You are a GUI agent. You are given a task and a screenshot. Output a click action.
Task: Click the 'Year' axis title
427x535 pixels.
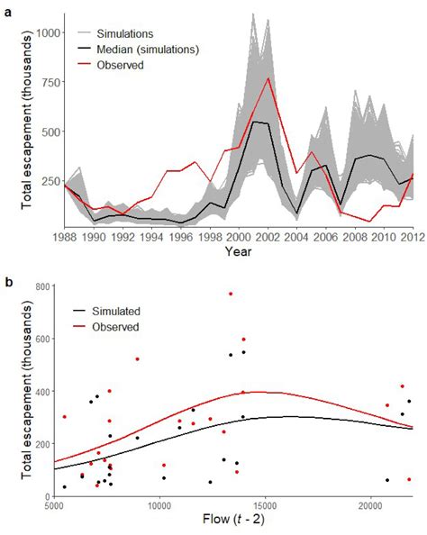point(239,251)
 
